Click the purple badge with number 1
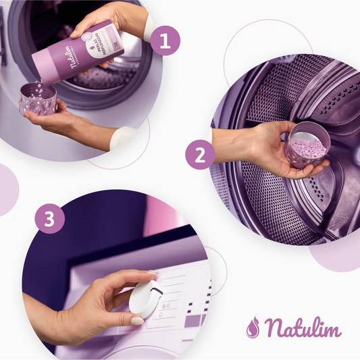[165, 40]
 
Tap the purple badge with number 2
[200, 155]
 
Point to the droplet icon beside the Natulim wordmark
[253, 327]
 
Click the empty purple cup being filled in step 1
[38, 99]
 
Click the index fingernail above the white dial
[153, 275]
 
